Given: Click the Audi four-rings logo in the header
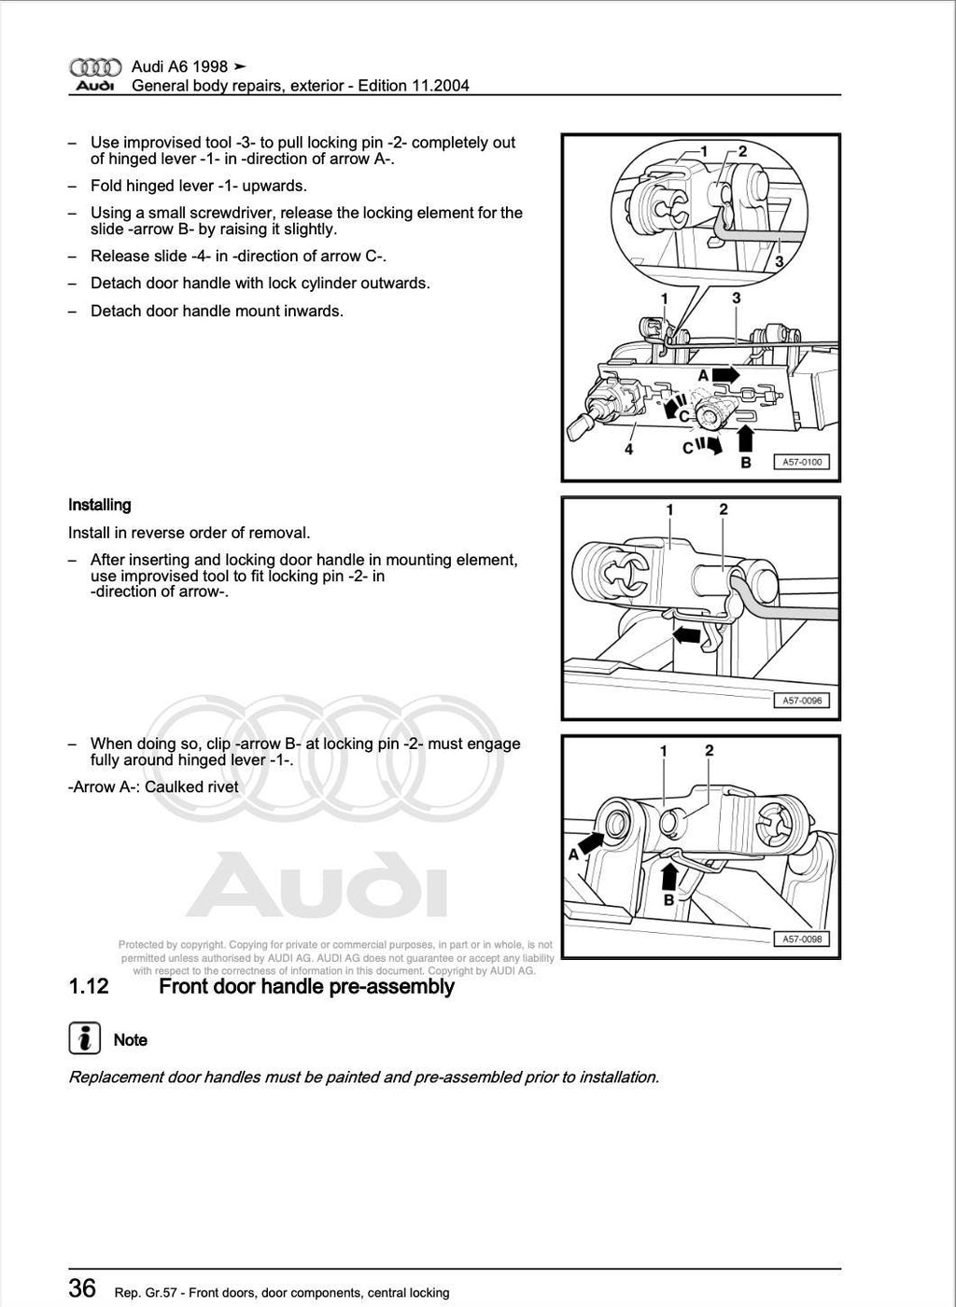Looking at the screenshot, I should tap(95, 67).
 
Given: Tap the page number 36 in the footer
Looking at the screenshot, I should tap(82, 1288).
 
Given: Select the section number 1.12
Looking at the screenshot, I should tap(89, 987).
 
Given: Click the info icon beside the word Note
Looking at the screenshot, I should tap(85, 1039).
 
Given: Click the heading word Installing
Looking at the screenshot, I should tap(100, 505).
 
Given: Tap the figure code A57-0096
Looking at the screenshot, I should tap(800, 701).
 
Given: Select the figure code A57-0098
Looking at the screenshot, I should tap(800, 939).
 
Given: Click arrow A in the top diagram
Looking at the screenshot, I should tap(724, 374).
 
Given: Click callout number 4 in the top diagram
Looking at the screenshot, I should tap(629, 450).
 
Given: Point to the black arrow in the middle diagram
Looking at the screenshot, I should tap(687, 634).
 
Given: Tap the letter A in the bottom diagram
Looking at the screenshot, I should tap(573, 854).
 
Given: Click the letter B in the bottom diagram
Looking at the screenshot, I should tap(668, 900).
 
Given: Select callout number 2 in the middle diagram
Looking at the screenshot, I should tap(724, 509).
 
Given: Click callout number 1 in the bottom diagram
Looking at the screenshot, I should tap(663, 751).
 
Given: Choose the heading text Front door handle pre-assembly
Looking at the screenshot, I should tap(306, 987).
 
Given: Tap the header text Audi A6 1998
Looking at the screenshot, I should tap(179, 67).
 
